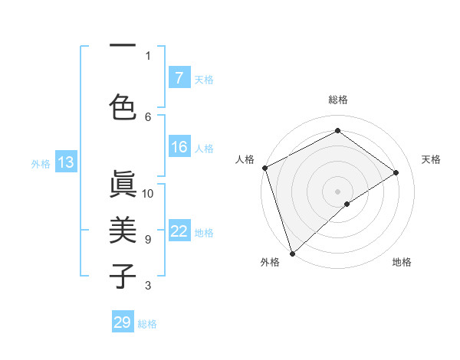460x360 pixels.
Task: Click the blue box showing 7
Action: point(179,78)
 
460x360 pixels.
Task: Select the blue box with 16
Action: point(179,147)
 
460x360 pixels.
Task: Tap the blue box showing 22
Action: point(179,231)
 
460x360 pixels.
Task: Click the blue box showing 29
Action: point(123,322)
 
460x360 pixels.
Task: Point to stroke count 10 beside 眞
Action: point(148,193)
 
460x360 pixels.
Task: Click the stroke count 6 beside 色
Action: point(148,116)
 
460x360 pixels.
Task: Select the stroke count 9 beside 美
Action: point(148,239)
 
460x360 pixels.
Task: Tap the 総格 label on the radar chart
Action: point(337,100)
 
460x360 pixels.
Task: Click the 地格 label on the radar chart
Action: point(402,262)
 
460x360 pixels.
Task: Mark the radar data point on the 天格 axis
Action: point(396,172)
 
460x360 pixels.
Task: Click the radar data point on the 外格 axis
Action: point(292,253)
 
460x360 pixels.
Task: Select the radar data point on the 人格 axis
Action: point(264,168)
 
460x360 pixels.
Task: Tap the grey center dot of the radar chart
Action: point(337,191)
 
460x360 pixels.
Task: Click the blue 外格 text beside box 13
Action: point(40,162)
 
